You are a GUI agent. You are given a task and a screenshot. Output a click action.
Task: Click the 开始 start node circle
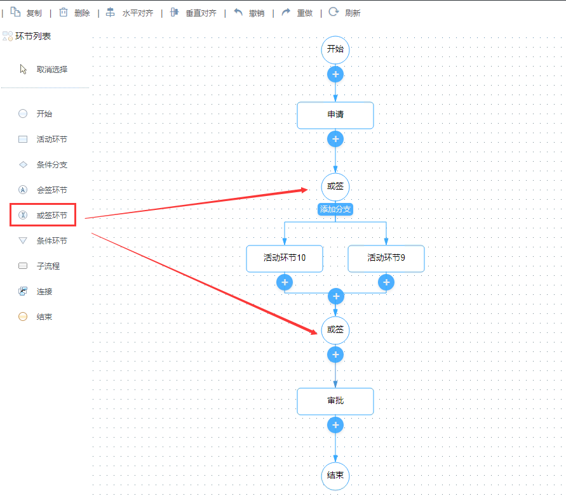(x=335, y=49)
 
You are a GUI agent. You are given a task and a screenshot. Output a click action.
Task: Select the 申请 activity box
(x=335, y=115)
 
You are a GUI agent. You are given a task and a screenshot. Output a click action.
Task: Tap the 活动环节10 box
(x=285, y=258)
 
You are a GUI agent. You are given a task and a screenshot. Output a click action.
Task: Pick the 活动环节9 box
(x=386, y=258)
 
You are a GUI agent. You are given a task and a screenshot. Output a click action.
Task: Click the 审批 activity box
(x=335, y=401)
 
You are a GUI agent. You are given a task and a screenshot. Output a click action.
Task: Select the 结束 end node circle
(x=335, y=476)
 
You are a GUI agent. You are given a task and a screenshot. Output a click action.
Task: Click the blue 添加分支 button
(x=335, y=209)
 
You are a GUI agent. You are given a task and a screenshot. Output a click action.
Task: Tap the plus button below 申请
(x=335, y=139)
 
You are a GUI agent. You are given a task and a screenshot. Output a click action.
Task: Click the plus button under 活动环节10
(x=285, y=282)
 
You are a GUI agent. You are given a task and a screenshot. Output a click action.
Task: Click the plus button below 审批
(x=335, y=425)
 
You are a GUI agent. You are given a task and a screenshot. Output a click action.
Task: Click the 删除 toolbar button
(x=75, y=13)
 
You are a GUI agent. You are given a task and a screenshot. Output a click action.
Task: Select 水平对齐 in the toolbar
(x=130, y=13)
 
